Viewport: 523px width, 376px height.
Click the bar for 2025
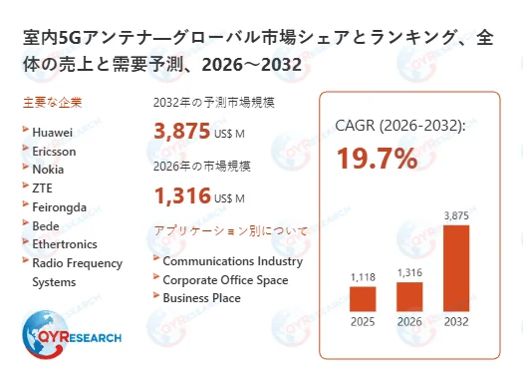pos(363,298)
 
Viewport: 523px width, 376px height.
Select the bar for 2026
pos(410,296)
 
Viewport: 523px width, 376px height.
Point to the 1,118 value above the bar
pos(363,276)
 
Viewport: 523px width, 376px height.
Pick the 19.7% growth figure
pos(377,158)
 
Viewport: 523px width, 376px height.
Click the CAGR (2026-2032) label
pos(400,126)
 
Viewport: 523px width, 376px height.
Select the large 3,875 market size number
pos(182,132)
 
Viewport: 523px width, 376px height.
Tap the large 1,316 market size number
pos(182,195)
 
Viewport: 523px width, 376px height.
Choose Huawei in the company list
pos(52,131)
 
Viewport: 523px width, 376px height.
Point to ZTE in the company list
pos(44,188)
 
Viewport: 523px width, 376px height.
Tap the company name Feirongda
pos(59,206)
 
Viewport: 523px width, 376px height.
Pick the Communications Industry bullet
pos(232,261)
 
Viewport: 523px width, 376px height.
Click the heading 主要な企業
pos(52,102)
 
